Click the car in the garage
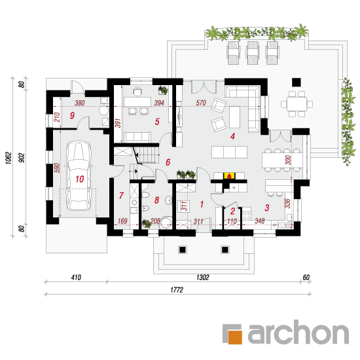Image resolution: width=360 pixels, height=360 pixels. tap(79, 175)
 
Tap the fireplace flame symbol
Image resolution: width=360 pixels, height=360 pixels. tap(229, 176)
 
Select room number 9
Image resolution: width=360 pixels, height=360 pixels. tap(72, 115)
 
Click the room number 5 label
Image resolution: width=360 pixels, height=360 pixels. tap(157, 122)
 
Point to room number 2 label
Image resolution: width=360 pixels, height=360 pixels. tap(232, 211)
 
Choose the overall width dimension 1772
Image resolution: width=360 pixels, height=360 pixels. tap(177, 290)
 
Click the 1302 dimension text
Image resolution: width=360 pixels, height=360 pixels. tap(203, 278)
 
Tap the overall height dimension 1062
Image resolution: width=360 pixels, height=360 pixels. tap(9, 158)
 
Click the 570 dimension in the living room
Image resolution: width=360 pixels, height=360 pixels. tap(201, 103)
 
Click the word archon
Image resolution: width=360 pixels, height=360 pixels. tap(298, 333)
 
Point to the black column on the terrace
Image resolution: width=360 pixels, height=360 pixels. tap(296, 82)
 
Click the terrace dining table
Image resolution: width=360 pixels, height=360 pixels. tap(297, 104)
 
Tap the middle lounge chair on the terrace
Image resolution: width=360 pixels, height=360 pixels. tap(253, 52)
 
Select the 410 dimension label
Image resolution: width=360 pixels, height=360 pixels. tap(76, 278)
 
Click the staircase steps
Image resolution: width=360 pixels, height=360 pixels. tap(147, 155)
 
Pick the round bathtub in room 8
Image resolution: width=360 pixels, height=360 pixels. tap(166, 223)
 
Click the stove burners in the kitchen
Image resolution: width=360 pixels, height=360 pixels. tap(247, 216)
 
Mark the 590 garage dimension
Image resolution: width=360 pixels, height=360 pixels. tap(58, 168)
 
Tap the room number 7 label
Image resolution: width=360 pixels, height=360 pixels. tap(121, 196)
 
